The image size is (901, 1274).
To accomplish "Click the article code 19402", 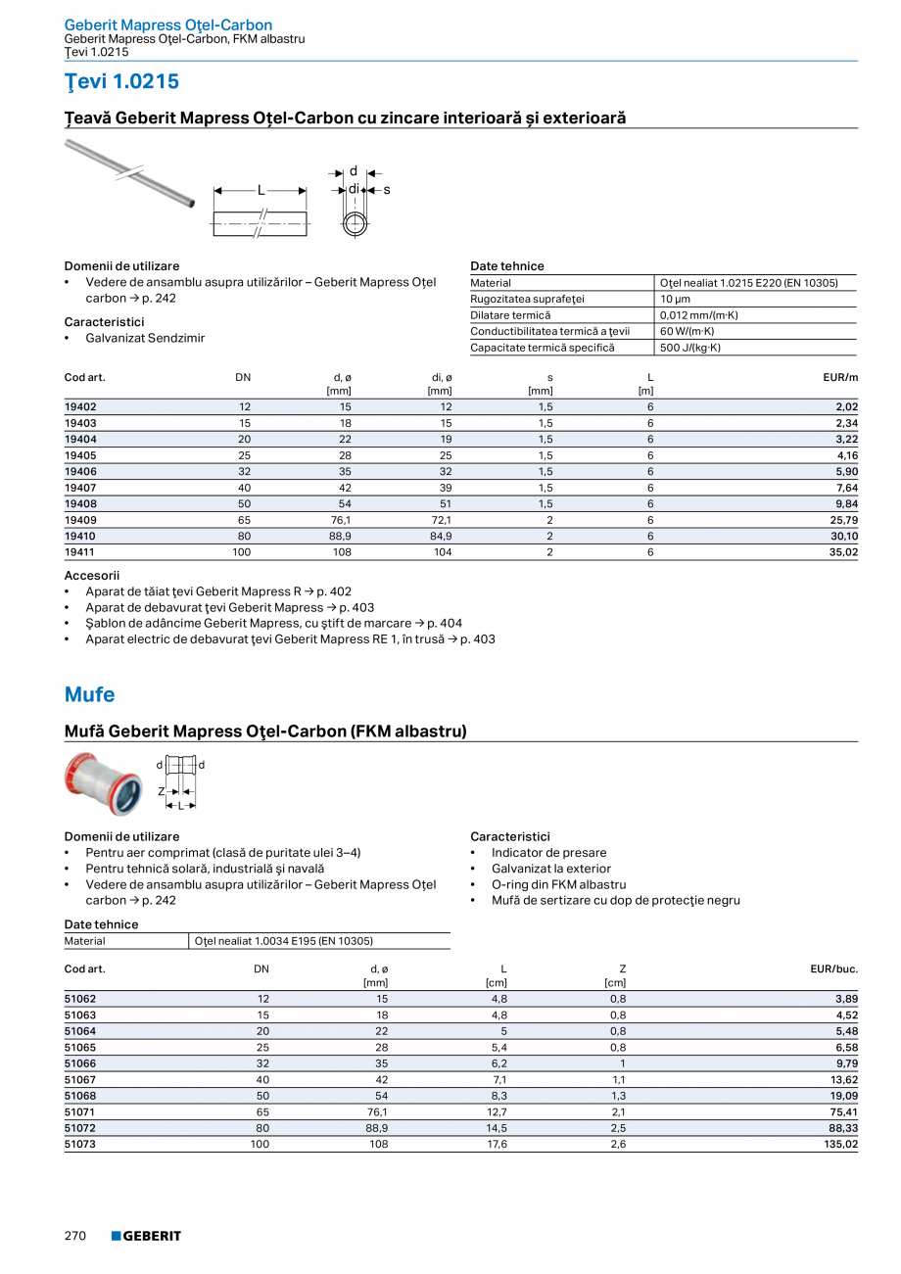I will [x=80, y=406].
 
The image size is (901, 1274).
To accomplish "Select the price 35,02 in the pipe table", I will [x=842, y=552].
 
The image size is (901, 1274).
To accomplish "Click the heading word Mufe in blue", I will [x=89, y=694].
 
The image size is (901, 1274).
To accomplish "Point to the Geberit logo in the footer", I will [x=146, y=1236].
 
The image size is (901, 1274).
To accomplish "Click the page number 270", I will [x=75, y=1236].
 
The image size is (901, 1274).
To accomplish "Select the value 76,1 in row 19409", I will [x=341, y=520].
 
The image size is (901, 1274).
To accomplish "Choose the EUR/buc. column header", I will [x=833, y=968].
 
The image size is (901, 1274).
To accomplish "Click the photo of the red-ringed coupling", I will [x=104, y=783].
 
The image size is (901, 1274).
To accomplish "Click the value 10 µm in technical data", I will [x=675, y=299].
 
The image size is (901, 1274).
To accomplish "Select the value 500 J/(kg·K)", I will [x=690, y=348].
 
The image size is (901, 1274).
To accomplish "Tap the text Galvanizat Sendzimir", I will [x=145, y=338].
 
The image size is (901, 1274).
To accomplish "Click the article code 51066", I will [x=80, y=1063].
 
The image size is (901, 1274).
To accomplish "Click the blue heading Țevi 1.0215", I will [x=121, y=81].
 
